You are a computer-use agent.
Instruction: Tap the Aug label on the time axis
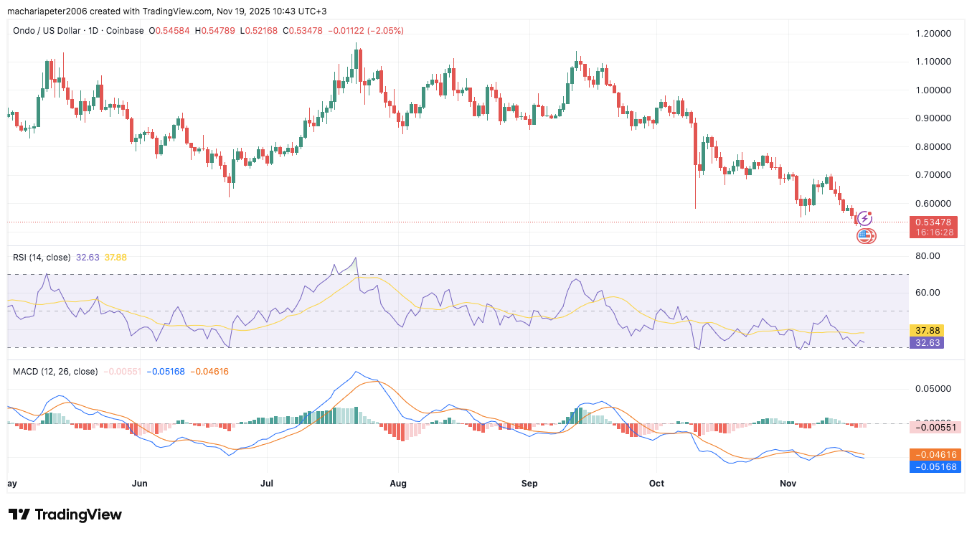[x=398, y=484]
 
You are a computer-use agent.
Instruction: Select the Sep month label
[x=529, y=484]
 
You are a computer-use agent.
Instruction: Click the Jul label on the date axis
[x=267, y=484]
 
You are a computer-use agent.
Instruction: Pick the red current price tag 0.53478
[x=930, y=222]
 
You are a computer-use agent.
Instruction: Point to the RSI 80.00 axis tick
[x=928, y=255]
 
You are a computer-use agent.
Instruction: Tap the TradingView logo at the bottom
[x=65, y=514]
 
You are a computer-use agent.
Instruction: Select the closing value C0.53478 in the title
[x=303, y=31]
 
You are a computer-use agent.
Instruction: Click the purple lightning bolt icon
[x=865, y=217]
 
